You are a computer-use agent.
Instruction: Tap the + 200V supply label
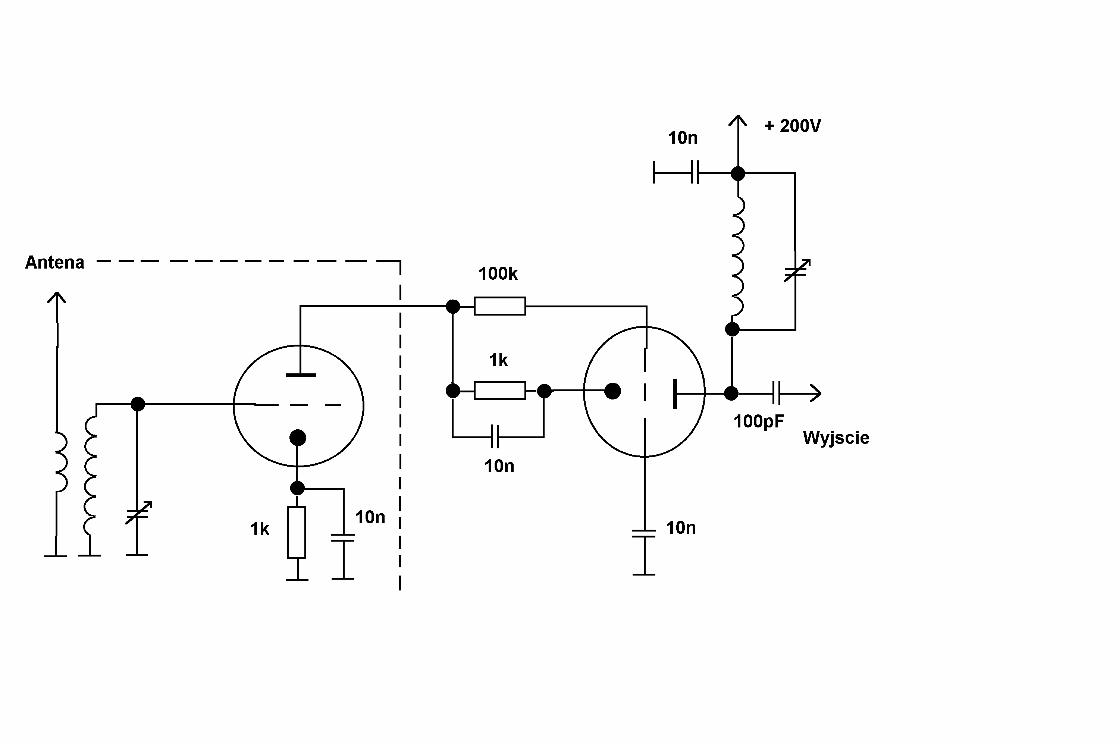click(x=792, y=126)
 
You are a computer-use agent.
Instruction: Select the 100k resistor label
click(x=498, y=274)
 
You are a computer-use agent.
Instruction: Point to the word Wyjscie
click(x=836, y=438)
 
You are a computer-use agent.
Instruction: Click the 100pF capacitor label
click(x=758, y=421)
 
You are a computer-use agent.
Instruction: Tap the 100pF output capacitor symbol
click(x=776, y=393)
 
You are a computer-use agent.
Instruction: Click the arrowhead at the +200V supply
click(x=737, y=120)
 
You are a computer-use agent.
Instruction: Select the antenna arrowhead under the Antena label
click(x=57, y=297)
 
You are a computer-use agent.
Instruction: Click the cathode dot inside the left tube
click(x=297, y=438)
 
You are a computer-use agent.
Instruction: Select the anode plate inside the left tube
click(x=300, y=375)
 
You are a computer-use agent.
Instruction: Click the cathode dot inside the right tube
click(x=612, y=391)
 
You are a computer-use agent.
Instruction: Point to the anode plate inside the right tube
click(x=675, y=394)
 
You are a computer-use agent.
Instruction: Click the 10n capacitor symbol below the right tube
click(x=644, y=533)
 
